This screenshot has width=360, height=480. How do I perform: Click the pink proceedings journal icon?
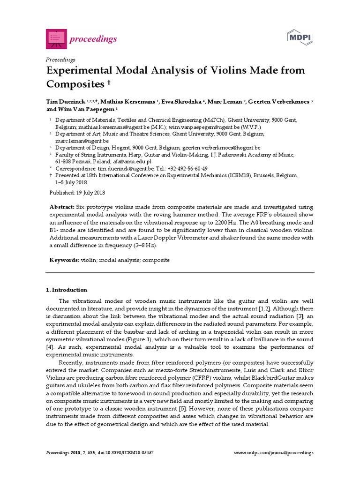56,39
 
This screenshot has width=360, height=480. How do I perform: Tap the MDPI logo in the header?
300,37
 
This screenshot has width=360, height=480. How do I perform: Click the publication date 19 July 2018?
89,193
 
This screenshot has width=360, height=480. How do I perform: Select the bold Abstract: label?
62,207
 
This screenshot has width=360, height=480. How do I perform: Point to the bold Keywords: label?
65,260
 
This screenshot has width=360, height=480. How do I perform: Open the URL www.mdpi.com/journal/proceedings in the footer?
273,453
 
